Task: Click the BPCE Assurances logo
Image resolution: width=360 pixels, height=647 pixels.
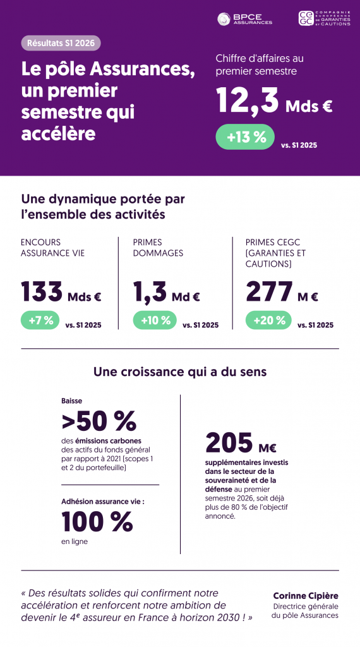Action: (x=244, y=19)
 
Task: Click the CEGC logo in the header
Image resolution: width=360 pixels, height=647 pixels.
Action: (x=325, y=18)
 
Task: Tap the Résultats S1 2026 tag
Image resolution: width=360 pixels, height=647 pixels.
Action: (x=61, y=43)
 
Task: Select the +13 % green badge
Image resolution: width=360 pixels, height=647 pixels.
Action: (x=245, y=136)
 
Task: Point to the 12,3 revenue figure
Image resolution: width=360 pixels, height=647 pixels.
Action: (x=248, y=101)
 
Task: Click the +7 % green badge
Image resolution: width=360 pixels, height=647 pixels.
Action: (x=40, y=320)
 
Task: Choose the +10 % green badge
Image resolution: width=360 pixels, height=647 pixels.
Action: (x=155, y=320)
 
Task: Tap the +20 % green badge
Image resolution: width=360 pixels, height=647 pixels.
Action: (x=268, y=320)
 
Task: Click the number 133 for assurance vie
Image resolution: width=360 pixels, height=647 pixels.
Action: (x=42, y=291)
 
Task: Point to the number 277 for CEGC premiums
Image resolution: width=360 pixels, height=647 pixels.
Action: (x=269, y=291)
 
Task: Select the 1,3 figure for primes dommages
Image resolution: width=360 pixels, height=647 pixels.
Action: (x=150, y=291)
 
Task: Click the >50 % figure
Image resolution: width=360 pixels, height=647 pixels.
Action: (x=99, y=420)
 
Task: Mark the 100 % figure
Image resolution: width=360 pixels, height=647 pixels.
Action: (x=97, y=521)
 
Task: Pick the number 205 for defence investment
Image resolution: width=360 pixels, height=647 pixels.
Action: (x=229, y=442)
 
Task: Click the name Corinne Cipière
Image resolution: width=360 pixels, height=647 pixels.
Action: (x=306, y=596)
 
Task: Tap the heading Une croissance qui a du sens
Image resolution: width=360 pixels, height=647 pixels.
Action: (x=180, y=372)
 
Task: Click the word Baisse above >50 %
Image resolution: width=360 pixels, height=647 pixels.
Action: (x=72, y=401)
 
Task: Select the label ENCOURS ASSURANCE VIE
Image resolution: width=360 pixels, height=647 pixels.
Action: (x=53, y=248)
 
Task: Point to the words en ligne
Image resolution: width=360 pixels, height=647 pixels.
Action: (x=75, y=541)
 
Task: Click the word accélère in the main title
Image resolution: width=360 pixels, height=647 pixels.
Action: (x=58, y=133)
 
